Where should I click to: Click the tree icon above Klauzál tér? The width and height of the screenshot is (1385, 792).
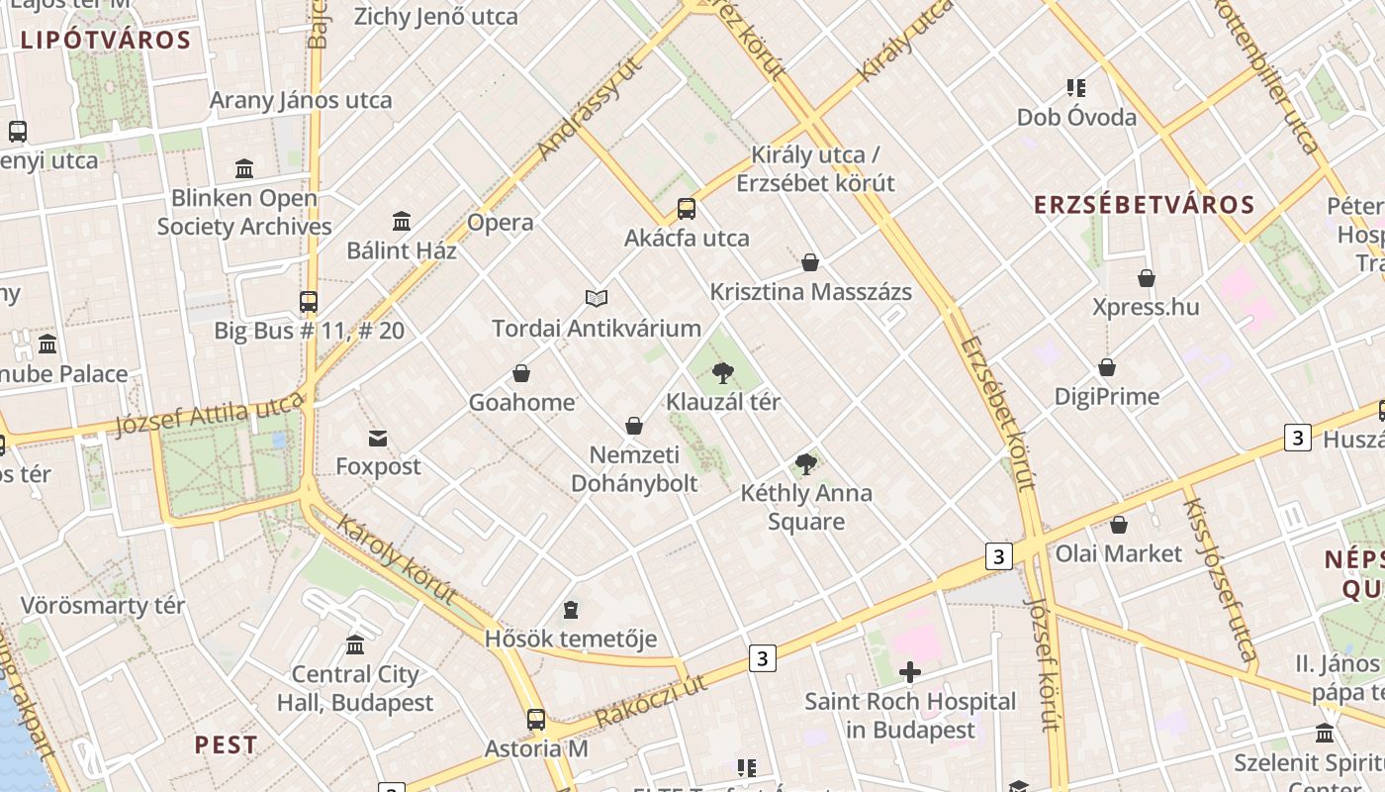[723, 373]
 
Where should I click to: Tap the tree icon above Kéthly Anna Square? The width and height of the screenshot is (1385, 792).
[806, 463]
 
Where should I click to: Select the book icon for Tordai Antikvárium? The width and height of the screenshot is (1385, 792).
[596, 298]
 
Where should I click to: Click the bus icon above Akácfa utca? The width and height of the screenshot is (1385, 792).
[686, 209]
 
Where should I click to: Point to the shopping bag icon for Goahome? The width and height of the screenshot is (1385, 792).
[521, 373]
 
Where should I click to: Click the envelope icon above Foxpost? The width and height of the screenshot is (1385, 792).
[377, 438]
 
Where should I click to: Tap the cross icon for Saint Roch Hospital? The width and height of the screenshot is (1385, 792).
[909, 673]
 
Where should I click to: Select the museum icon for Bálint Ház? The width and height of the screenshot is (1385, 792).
[402, 221]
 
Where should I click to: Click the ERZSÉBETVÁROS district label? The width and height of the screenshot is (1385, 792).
[1144, 205]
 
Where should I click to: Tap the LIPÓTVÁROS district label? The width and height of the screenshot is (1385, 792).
[105, 41]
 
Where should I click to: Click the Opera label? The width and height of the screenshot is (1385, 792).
[501, 222]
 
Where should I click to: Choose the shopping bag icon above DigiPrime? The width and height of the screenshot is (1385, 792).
[1107, 367]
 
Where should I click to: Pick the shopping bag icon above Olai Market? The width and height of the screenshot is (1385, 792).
[1119, 525]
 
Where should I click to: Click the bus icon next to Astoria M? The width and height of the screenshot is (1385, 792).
[535, 720]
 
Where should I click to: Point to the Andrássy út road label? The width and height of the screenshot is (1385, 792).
[591, 109]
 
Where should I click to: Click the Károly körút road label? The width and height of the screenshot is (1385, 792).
[396, 559]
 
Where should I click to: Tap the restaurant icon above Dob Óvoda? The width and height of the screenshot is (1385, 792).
[1076, 88]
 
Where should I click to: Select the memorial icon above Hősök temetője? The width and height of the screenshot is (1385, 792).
[570, 609]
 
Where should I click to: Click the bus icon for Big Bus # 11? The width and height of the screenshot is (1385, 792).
[309, 301]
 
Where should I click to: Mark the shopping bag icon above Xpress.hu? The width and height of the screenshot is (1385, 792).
[1146, 278]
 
